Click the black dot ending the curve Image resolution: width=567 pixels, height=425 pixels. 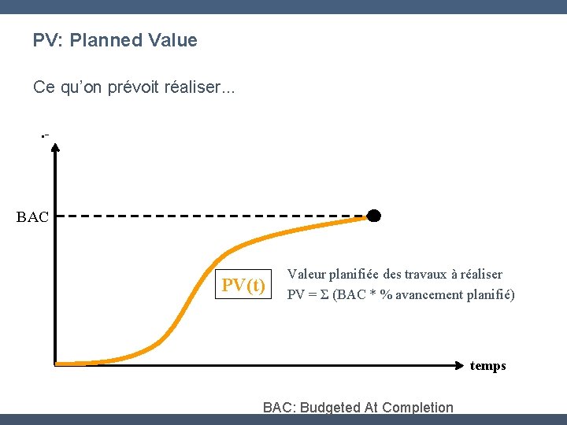[x=374, y=216]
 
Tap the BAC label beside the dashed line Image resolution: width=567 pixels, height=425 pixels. [x=32, y=217]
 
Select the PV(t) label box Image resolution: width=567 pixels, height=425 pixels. [x=243, y=285]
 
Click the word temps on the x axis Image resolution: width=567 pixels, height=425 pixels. [x=487, y=366]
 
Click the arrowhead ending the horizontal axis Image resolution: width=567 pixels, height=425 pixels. [x=463, y=364]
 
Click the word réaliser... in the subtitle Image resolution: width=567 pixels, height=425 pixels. [x=198, y=87]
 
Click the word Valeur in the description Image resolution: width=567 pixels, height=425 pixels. [x=306, y=275]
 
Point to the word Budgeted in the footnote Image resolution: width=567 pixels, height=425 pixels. [x=327, y=408]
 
